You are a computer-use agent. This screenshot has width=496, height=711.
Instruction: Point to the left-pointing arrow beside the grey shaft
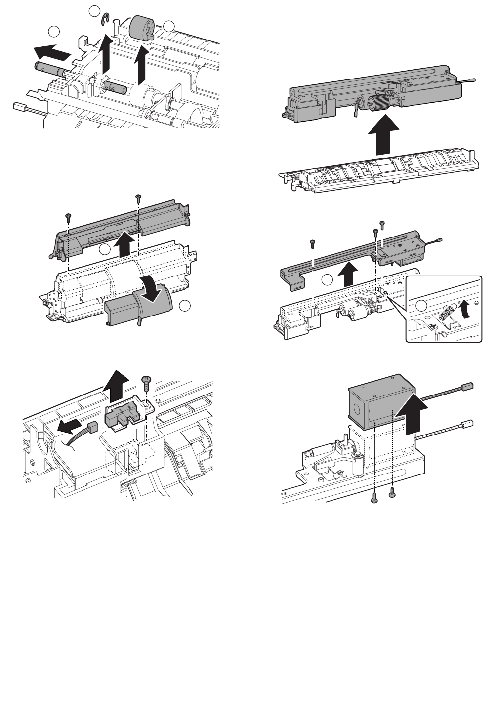(50, 51)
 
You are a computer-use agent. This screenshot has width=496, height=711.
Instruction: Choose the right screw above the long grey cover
(138, 198)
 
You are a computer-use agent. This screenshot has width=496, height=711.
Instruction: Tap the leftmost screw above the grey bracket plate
(313, 242)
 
